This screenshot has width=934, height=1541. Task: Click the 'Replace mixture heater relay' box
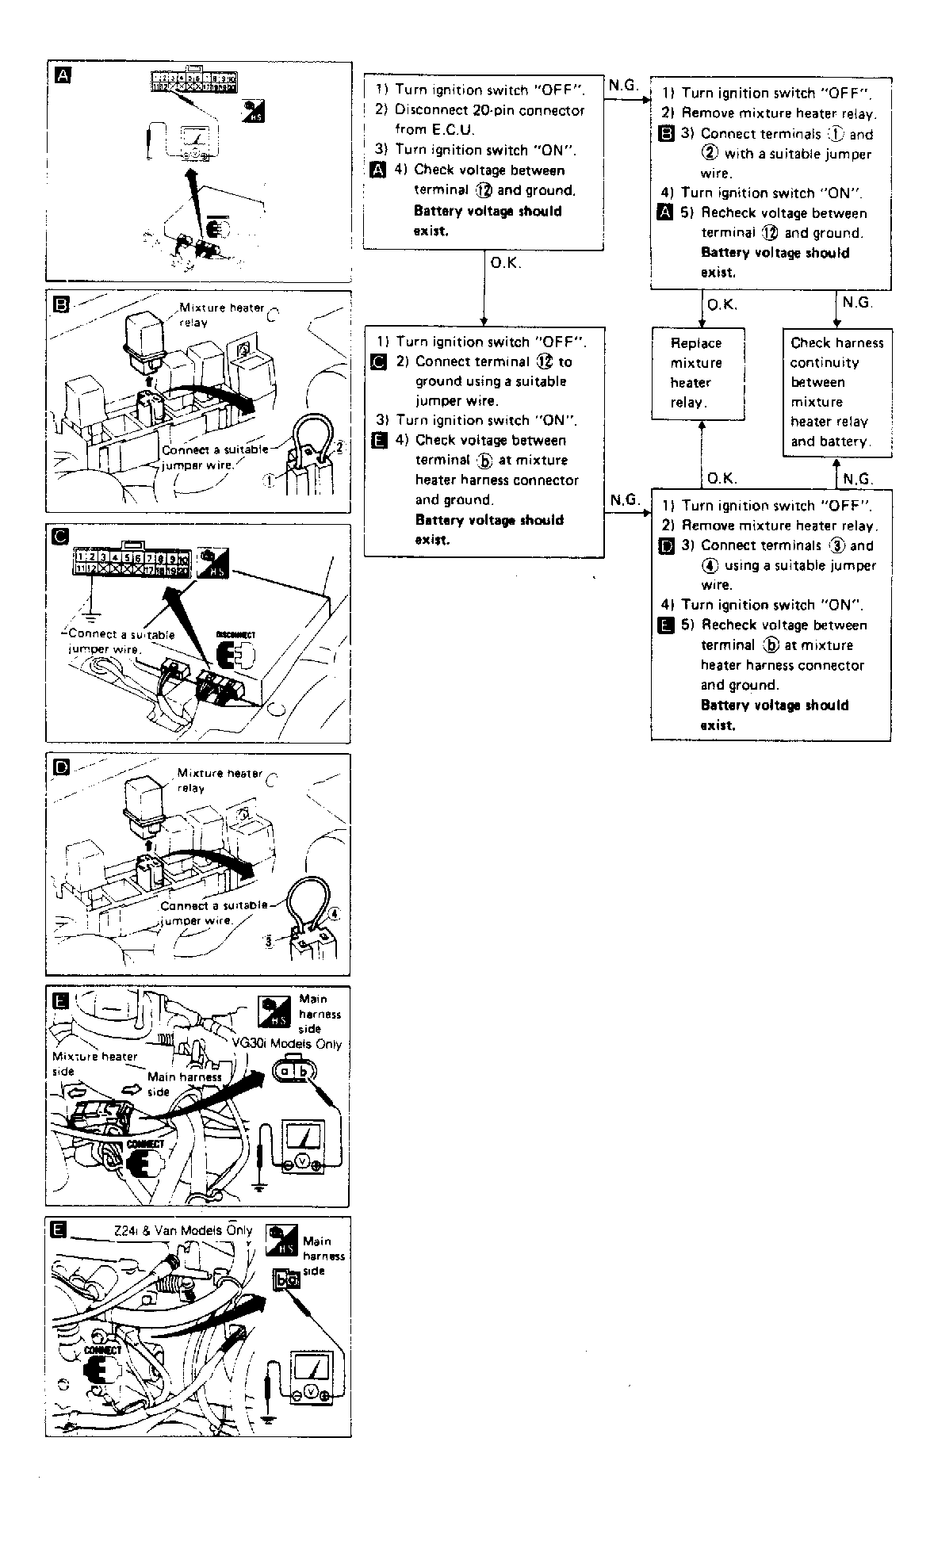698,373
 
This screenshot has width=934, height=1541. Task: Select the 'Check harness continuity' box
837,392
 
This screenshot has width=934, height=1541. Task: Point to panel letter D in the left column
61,767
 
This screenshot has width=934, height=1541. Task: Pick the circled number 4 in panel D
334,913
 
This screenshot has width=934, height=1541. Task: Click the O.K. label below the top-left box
506,263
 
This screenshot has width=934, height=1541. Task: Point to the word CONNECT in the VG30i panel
145,1144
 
